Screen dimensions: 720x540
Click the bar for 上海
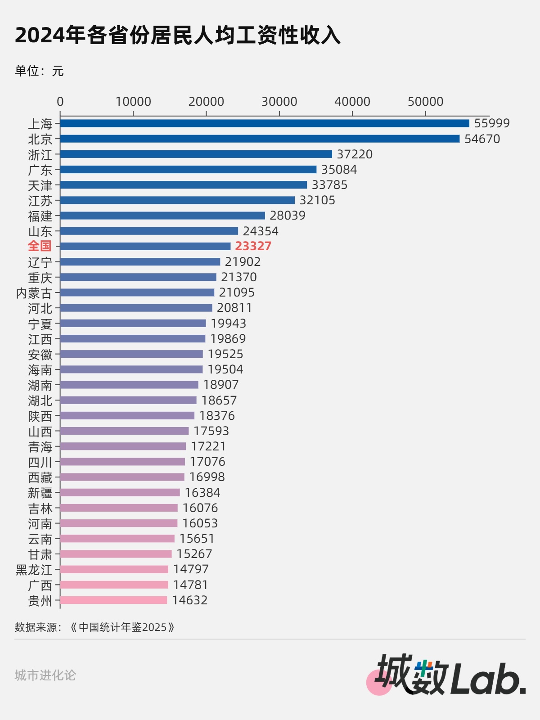[x=265, y=123]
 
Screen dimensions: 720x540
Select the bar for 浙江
[x=196, y=154]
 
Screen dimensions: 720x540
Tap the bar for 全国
[x=145, y=246]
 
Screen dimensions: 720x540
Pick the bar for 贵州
[x=113, y=600]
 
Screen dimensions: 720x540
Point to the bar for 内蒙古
[x=137, y=292]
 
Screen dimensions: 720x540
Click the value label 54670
[x=482, y=139]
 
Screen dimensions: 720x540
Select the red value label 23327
[x=253, y=246]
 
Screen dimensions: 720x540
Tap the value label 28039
[x=288, y=216]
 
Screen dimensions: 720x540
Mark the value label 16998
[x=207, y=477]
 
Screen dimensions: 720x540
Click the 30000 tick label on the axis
[x=279, y=102]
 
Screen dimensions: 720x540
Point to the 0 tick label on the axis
[x=60, y=102]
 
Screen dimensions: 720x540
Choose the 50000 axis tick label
[x=425, y=102]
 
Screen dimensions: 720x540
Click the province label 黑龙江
[x=34, y=570]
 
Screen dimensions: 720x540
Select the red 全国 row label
[x=40, y=246]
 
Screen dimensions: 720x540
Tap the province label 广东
[x=40, y=170]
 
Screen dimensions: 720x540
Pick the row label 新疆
[x=40, y=493]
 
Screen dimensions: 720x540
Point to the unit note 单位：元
[x=39, y=71]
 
